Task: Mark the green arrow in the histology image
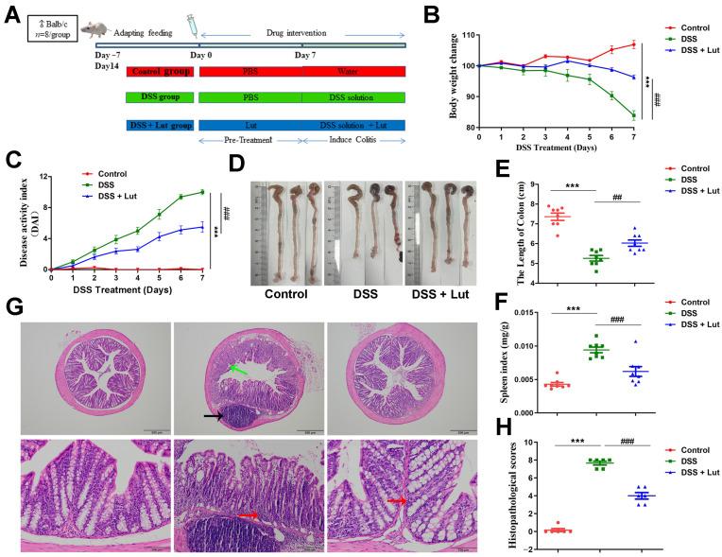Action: (237, 371)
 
